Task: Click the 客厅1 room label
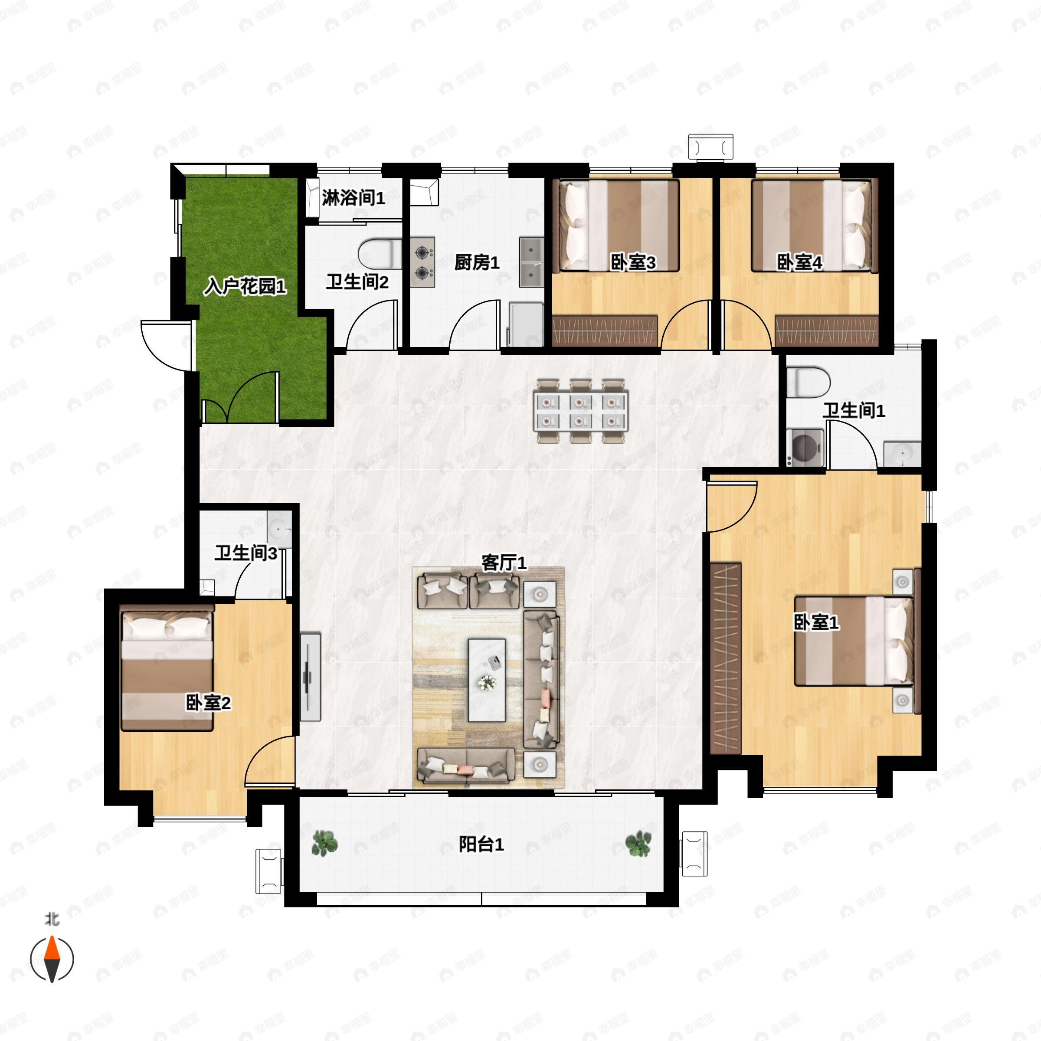pos(503,563)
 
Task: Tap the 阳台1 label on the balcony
pos(481,845)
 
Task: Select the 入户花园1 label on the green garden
pos(245,287)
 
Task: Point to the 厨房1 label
pos(477,262)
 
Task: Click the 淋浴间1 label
pos(354,198)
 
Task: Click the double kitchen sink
pos(532,262)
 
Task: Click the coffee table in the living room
pos(487,680)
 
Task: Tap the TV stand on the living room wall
pos(311,677)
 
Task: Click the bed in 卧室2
pos(167,668)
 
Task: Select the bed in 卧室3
pos(619,225)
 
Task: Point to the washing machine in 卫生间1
pos(805,447)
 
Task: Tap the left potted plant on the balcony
pos(324,843)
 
